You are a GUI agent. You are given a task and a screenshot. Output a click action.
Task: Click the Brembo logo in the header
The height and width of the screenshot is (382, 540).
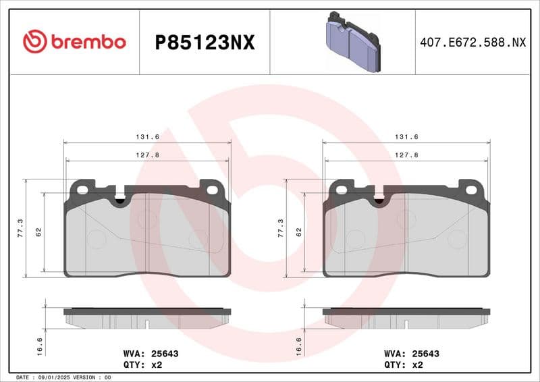tap(74, 42)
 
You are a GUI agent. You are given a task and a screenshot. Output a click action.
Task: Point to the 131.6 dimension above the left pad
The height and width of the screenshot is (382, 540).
tap(147, 137)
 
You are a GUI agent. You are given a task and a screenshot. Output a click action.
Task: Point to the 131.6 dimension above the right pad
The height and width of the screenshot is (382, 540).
tap(406, 137)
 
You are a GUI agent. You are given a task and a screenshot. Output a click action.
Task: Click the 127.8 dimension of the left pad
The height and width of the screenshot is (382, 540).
tap(147, 155)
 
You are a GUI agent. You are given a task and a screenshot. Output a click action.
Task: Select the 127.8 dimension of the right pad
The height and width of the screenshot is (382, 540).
tap(406, 155)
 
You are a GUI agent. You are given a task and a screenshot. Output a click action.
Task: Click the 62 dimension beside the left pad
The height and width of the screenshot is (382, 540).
tap(39, 231)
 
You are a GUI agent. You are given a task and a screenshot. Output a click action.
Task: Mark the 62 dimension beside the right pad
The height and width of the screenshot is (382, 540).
tap(298, 231)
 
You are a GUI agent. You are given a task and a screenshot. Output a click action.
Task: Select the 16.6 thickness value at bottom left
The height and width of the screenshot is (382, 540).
tap(40, 346)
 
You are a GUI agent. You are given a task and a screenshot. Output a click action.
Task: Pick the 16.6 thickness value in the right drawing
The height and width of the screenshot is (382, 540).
tap(299, 346)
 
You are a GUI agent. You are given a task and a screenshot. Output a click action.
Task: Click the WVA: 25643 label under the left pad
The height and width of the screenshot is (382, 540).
tap(149, 353)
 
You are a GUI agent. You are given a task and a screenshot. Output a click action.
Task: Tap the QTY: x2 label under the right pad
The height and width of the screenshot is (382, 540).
tap(404, 364)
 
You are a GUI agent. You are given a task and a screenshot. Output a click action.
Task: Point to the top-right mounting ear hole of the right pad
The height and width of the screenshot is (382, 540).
tap(471, 190)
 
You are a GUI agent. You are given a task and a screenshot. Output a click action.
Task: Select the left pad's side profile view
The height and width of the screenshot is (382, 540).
tap(147, 319)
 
